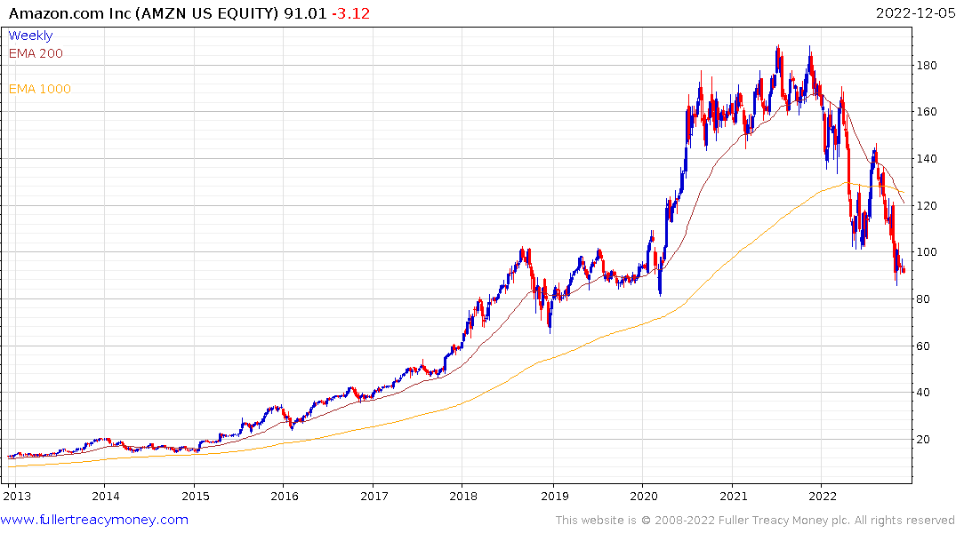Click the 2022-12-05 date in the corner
tap(913, 12)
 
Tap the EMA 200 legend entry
tap(36, 53)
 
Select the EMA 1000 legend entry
tap(39, 89)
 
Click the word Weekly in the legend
tap(30, 36)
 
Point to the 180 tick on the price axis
tap(929, 66)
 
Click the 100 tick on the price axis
tap(929, 252)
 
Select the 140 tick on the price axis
tap(929, 159)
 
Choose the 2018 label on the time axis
tap(462, 496)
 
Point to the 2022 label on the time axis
tap(820, 496)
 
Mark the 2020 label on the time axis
tap(642, 496)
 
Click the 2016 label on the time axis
tap(284, 496)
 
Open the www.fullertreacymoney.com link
tap(95, 520)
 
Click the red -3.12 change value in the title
tap(349, 12)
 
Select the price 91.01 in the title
tap(303, 12)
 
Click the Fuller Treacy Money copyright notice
tap(755, 521)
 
